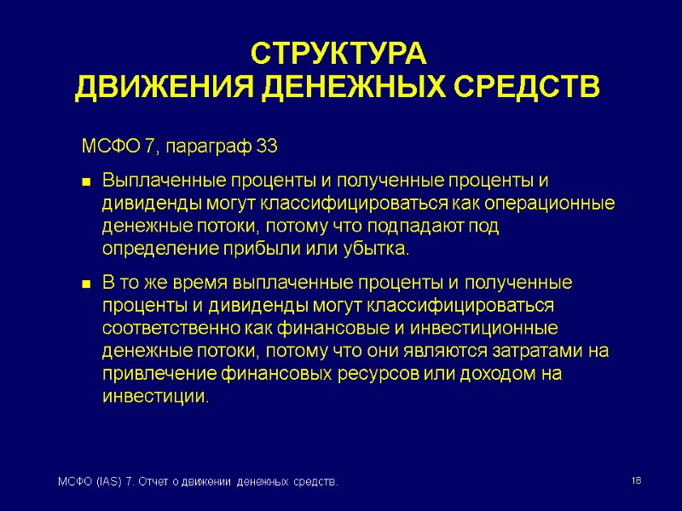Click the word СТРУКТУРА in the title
click(337, 54)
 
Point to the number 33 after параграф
click(266, 146)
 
